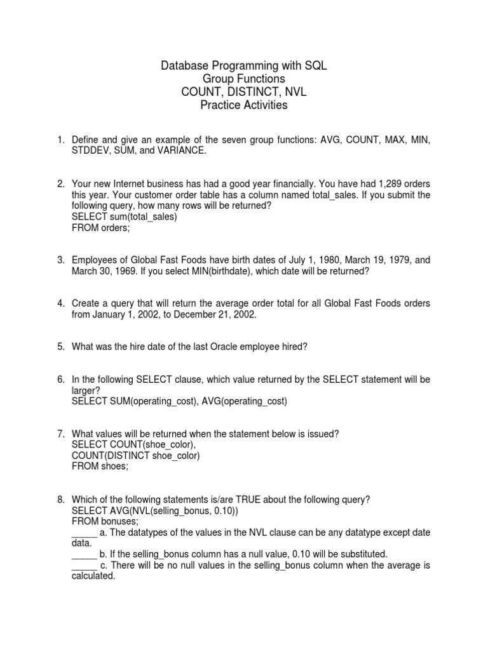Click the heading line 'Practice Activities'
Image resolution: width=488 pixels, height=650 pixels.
click(x=243, y=105)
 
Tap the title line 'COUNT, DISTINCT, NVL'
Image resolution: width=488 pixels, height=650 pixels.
click(x=243, y=92)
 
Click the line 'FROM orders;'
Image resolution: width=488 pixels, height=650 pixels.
click(x=100, y=228)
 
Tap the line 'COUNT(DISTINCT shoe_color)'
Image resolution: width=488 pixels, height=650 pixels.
click(x=136, y=456)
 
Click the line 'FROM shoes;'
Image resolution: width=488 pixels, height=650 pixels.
click(x=99, y=467)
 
